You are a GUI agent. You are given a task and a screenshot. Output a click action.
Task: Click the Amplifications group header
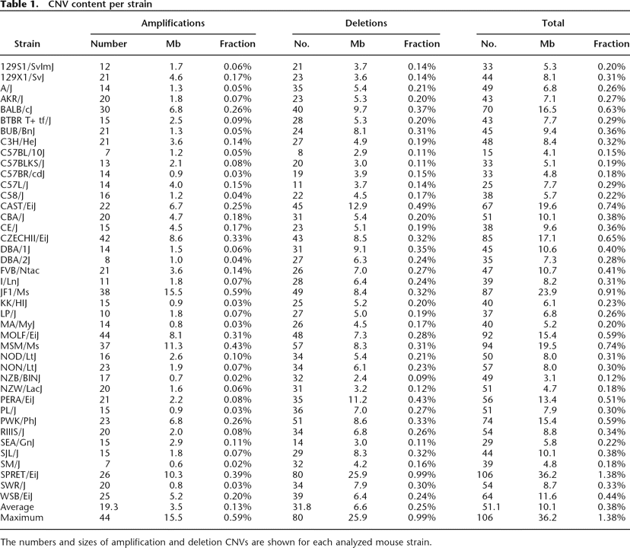pyautogui.click(x=173, y=24)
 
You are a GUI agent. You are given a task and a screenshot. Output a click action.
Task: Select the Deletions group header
pyautogui.click(x=366, y=24)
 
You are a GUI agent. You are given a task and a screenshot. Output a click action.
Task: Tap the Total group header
pyautogui.click(x=552, y=24)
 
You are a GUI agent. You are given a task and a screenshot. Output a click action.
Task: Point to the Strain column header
pyautogui.click(x=27, y=43)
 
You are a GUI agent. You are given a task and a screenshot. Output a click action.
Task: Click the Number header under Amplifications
pyautogui.click(x=109, y=43)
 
